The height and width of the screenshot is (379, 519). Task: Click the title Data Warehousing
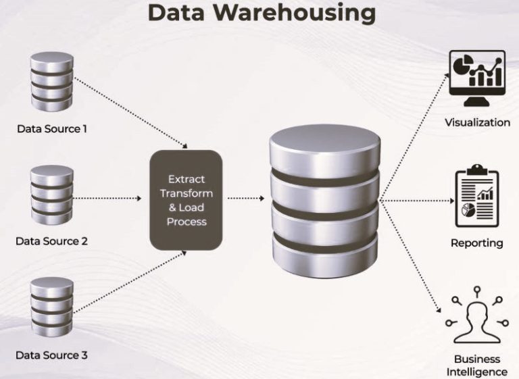click(x=261, y=12)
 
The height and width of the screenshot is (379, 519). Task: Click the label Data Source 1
click(x=51, y=128)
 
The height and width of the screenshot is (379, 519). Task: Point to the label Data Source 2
click(x=51, y=241)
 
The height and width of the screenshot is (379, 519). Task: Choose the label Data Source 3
click(x=51, y=355)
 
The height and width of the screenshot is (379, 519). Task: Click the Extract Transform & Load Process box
click(x=185, y=199)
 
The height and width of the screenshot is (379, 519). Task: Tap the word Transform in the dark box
click(x=186, y=193)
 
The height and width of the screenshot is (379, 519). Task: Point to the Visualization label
click(x=477, y=122)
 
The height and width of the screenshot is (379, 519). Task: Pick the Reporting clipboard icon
click(x=477, y=199)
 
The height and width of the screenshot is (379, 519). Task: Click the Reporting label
click(x=477, y=243)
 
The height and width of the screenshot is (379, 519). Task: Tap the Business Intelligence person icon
click(x=477, y=318)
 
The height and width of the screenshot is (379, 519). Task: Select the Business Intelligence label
click(x=477, y=365)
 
